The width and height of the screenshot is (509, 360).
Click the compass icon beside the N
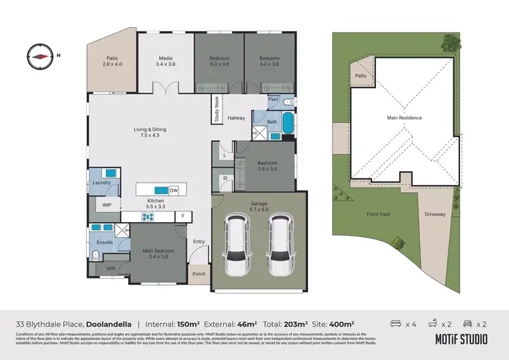pyautogui.click(x=40, y=56)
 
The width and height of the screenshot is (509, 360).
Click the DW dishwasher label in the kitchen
pyautogui.click(x=174, y=190)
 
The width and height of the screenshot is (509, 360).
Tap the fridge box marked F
pyautogui.click(x=182, y=217)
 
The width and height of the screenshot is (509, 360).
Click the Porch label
pyautogui.click(x=199, y=274)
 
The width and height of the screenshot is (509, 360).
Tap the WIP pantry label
pyautogui.click(x=107, y=204)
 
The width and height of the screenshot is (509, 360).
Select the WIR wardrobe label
pyautogui.click(x=111, y=269)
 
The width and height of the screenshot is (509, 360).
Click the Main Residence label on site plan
pyautogui.click(x=404, y=118)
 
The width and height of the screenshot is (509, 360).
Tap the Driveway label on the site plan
pyautogui.click(x=435, y=214)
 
